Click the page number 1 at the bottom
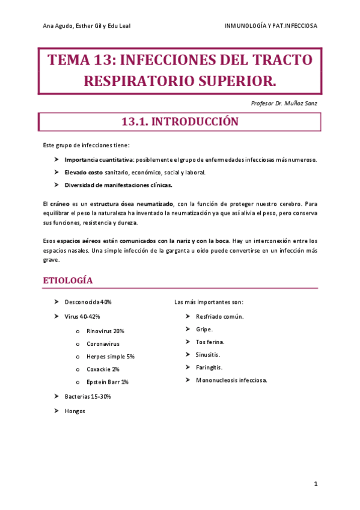[316, 484]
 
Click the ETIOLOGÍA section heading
[67, 281]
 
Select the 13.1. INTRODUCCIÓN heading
[180, 122]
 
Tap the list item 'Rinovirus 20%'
[105, 331]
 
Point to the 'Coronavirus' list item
[103, 344]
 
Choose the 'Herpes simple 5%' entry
[110, 357]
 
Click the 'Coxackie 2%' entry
[103, 369]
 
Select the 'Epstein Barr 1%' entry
[107, 382]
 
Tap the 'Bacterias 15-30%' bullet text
[88, 396]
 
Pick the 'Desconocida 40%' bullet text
[88, 302]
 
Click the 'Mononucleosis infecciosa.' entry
[231, 380]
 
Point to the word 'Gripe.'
[204, 329]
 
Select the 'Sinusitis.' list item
[208, 354]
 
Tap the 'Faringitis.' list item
[209, 367]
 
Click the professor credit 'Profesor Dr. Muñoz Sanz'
[284, 103]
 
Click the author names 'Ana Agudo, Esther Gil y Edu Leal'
[87, 26]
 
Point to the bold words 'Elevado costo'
[84, 173]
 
